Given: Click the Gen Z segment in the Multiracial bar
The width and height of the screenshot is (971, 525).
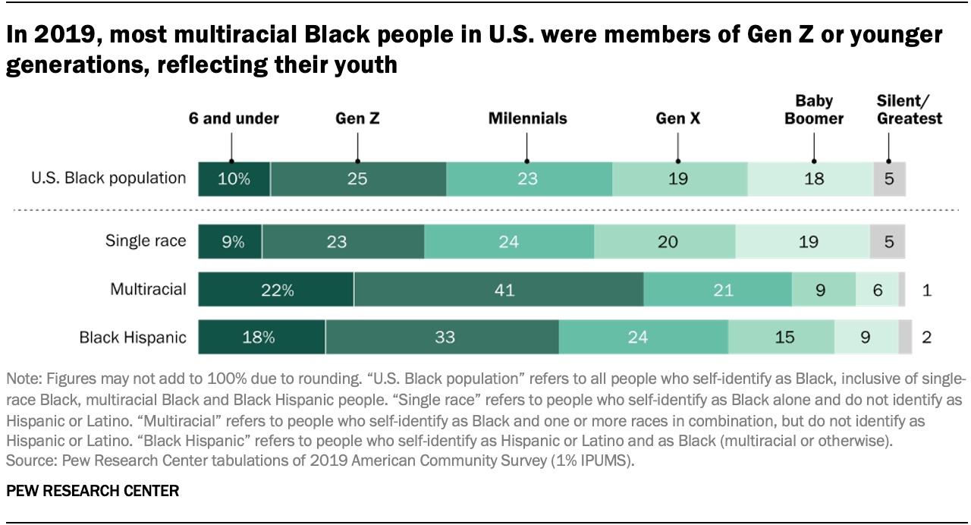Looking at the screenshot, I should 498,290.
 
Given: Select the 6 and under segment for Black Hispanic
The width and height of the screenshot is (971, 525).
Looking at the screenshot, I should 262,337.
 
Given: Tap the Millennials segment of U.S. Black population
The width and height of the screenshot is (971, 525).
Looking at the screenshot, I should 529,179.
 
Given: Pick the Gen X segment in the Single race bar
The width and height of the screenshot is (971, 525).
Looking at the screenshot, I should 665,242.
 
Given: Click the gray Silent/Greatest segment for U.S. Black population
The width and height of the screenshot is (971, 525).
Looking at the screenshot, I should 889,179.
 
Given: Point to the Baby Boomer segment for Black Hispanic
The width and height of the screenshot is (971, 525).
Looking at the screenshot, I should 866,337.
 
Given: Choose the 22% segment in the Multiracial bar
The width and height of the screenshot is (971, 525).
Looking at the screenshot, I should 276,290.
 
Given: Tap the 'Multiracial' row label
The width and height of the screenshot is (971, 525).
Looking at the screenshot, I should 148,289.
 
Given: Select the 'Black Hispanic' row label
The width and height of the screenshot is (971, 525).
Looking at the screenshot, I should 133,337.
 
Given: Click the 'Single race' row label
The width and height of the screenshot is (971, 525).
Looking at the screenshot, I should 145,241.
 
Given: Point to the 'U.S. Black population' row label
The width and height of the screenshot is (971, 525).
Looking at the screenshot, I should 108,178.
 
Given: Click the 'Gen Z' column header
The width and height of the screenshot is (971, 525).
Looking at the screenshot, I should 358,118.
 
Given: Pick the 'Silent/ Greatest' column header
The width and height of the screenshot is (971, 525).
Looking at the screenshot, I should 909,109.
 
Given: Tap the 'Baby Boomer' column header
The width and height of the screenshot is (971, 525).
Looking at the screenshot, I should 814,109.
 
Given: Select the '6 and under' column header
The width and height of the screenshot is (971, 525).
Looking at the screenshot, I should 234,118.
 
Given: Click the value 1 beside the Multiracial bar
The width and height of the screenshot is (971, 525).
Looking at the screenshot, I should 927,290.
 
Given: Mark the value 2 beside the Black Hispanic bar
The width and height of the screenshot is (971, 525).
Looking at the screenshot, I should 926,337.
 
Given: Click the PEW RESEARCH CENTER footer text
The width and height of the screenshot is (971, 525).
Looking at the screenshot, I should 93,491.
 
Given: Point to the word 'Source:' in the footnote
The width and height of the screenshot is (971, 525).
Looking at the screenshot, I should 27,460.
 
